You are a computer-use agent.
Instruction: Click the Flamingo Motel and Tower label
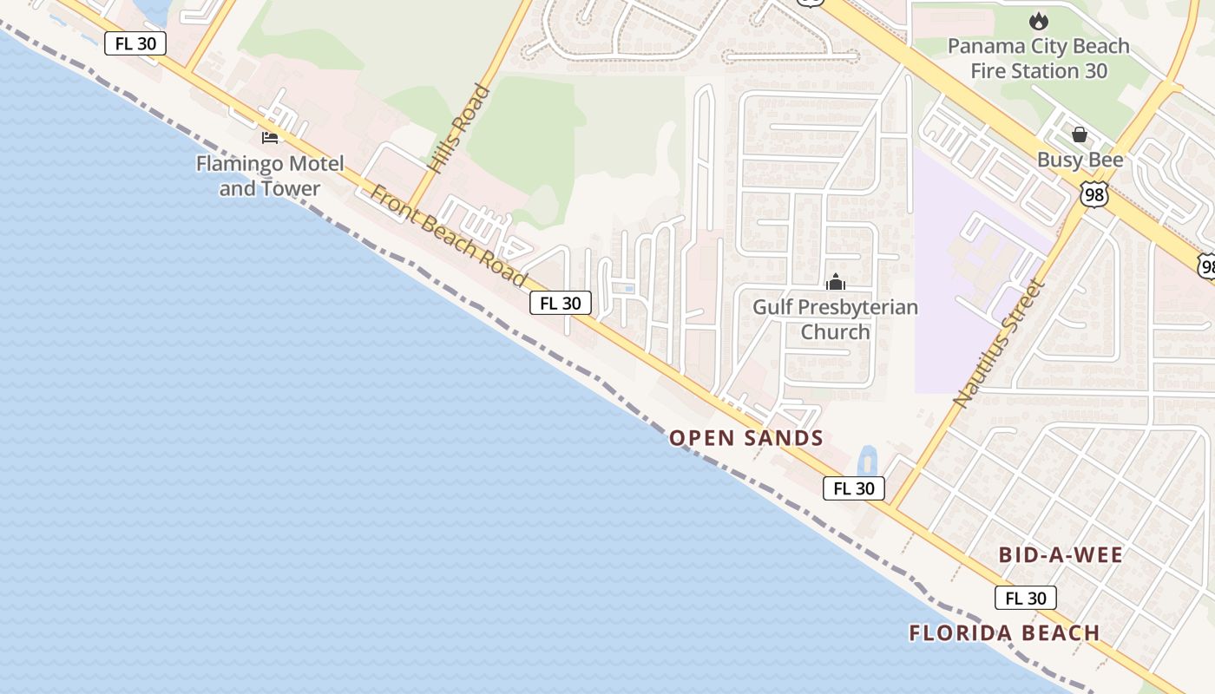click(270, 176)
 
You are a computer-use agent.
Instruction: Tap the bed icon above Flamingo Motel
click(270, 137)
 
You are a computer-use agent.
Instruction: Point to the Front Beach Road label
click(448, 235)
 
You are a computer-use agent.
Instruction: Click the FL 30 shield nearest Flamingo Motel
click(135, 43)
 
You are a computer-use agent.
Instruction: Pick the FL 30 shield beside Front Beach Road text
click(561, 303)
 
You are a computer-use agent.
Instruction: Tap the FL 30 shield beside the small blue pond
click(854, 488)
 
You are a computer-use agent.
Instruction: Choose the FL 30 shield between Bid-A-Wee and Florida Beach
click(1026, 598)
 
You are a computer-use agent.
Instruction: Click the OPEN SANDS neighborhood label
click(746, 438)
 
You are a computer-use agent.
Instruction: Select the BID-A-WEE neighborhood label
click(1061, 555)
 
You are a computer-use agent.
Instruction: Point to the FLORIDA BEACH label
click(1004, 633)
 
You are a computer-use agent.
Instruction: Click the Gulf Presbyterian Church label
click(835, 319)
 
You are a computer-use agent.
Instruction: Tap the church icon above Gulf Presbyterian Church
click(836, 283)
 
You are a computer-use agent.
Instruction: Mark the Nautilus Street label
click(997, 344)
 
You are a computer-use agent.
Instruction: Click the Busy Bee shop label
click(1080, 160)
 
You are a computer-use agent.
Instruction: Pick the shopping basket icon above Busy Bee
click(1080, 134)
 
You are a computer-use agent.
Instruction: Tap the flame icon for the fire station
click(1037, 21)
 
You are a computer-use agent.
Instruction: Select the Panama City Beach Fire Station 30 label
click(1039, 58)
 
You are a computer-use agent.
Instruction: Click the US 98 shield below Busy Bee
click(1095, 195)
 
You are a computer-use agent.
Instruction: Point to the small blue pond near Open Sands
click(866, 461)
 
